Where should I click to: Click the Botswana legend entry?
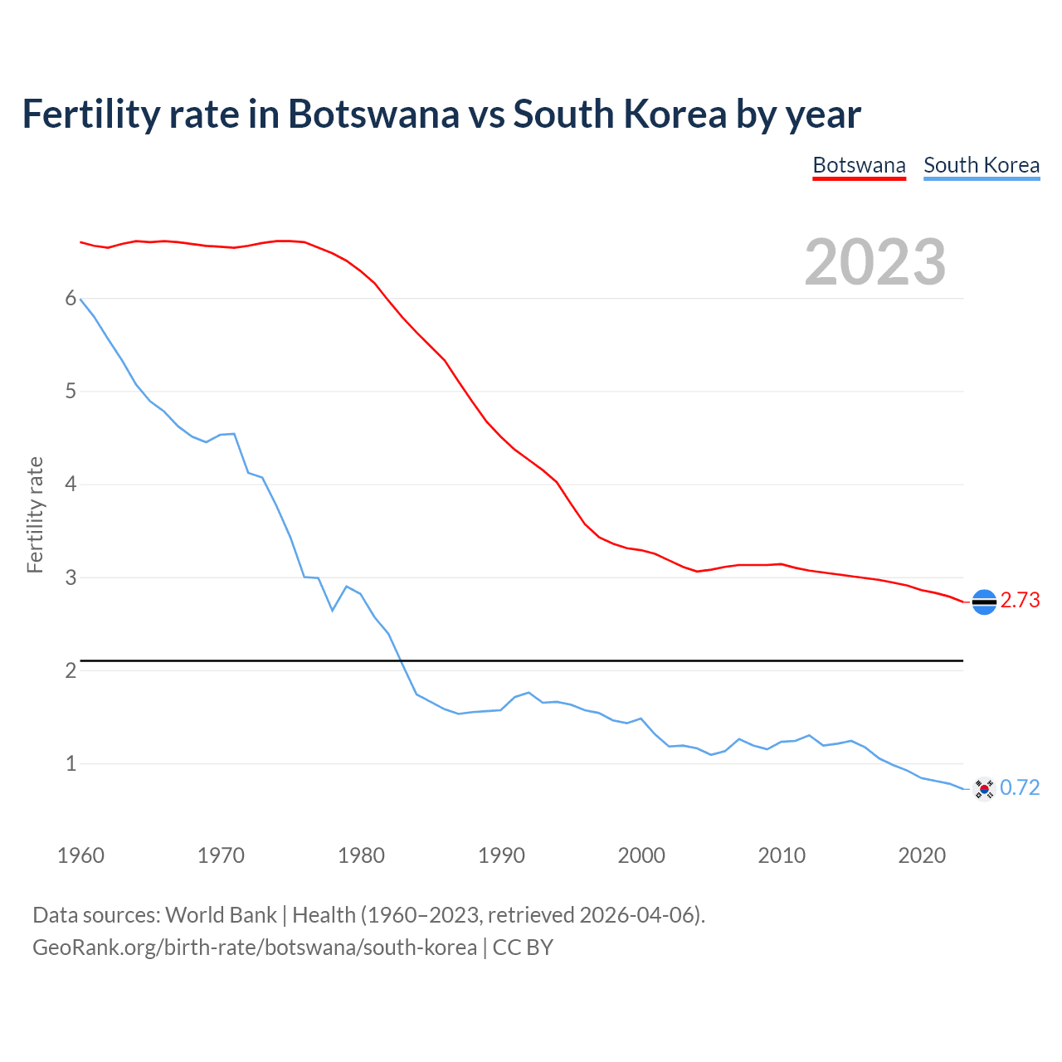click(859, 165)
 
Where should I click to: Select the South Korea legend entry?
click(982, 165)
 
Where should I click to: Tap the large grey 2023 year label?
click(875, 262)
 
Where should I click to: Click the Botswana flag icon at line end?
click(984, 602)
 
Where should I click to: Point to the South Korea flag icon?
click(984, 788)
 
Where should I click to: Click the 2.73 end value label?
click(1020, 600)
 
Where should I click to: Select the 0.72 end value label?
click(1020, 787)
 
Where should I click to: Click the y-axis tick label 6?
click(71, 299)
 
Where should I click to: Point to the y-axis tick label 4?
click(71, 485)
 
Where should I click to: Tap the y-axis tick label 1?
click(71, 763)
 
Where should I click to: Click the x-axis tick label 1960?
click(80, 855)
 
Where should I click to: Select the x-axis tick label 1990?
click(501, 855)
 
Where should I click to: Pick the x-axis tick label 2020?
click(922, 855)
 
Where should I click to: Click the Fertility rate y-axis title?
click(35, 514)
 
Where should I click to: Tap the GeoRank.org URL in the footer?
click(255, 948)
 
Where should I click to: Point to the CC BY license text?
click(523, 948)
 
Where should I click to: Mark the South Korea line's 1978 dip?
click(333, 610)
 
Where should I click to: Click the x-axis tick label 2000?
click(641, 855)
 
